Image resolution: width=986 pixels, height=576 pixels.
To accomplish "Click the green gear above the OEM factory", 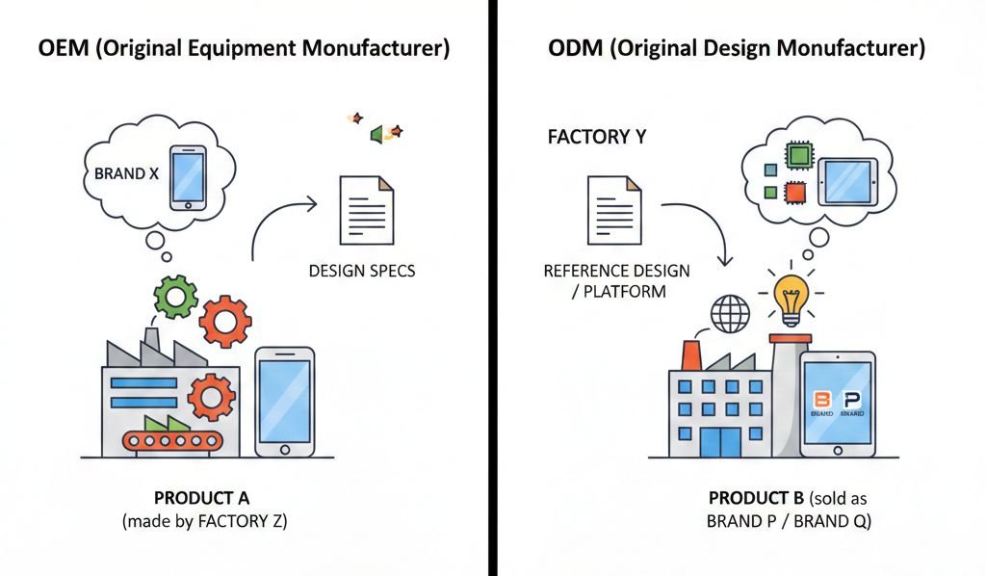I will (175, 297).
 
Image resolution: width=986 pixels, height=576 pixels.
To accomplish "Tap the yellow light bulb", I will (791, 299).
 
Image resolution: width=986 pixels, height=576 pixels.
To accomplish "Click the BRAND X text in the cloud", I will (126, 175).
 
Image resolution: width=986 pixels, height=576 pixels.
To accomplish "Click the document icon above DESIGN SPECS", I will (366, 209).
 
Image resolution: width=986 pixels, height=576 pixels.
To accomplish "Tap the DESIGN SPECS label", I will (362, 271).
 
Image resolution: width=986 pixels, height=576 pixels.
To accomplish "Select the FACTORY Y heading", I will (596, 137).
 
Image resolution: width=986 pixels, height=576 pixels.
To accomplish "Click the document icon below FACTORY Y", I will (614, 209).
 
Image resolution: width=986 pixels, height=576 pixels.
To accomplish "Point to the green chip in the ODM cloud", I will (798, 156).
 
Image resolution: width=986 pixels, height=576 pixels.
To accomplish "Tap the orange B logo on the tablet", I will (821, 399).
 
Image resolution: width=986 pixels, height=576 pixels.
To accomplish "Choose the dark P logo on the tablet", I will (851, 399).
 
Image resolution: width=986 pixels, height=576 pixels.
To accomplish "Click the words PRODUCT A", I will (201, 498).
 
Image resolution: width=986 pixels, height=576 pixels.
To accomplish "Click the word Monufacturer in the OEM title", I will (385, 49).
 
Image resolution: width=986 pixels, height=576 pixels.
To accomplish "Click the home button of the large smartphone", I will (284, 449).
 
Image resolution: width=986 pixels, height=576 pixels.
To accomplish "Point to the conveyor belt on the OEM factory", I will (171, 441).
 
